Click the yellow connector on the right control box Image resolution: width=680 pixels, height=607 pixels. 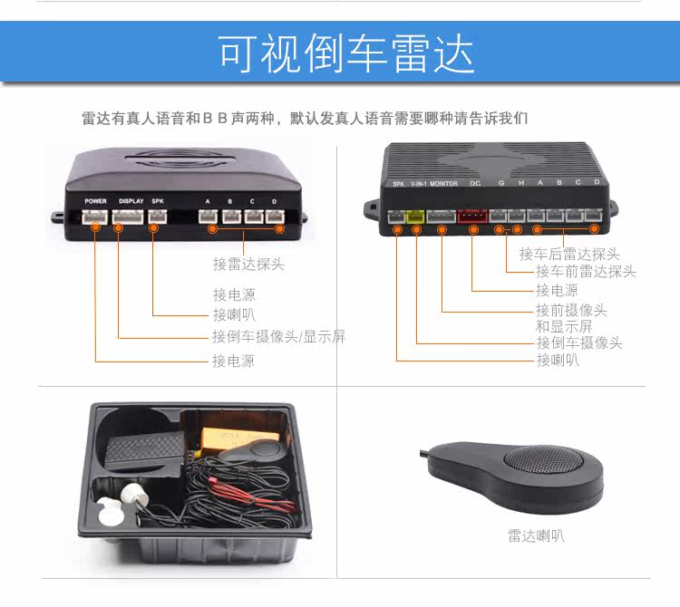(x=416, y=216)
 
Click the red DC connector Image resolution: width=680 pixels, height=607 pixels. (x=472, y=216)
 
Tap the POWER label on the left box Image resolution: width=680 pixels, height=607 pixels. (x=95, y=201)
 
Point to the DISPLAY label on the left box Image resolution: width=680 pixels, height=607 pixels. (x=131, y=201)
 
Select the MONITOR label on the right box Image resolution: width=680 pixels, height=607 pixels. (x=443, y=184)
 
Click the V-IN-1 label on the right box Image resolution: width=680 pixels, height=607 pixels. (x=419, y=184)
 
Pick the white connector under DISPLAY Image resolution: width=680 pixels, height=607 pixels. (x=128, y=217)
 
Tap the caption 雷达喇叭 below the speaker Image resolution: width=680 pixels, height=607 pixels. (x=536, y=536)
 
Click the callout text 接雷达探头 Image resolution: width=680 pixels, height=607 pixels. (x=248, y=264)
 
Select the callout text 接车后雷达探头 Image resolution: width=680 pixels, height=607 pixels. (x=569, y=254)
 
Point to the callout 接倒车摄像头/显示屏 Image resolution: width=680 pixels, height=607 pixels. (x=279, y=336)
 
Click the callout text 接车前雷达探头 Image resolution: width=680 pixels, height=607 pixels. (x=586, y=272)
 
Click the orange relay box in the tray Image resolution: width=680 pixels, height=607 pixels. (x=238, y=439)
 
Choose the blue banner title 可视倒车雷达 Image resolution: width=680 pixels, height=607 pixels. (x=345, y=53)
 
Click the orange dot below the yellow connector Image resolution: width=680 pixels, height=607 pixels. (x=416, y=229)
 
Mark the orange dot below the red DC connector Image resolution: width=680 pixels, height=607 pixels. (x=473, y=229)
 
